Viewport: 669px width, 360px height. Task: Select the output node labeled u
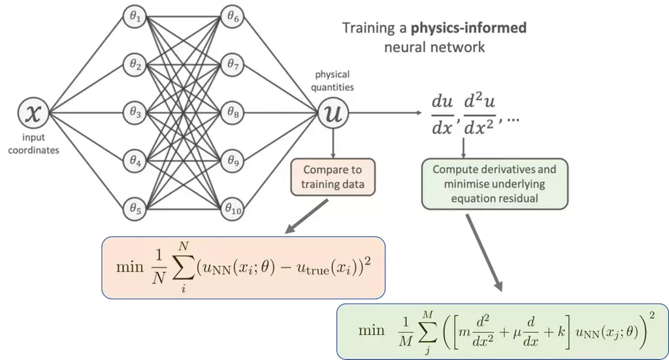coord(333,114)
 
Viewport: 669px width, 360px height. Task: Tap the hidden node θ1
coord(136,18)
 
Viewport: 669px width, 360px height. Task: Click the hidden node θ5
coord(136,209)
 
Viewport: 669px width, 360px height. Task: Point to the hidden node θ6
coord(233,18)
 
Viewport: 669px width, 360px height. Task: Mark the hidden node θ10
coord(233,209)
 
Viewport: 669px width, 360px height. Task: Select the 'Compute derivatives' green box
coord(495,183)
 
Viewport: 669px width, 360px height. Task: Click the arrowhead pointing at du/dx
coord(417,114)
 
